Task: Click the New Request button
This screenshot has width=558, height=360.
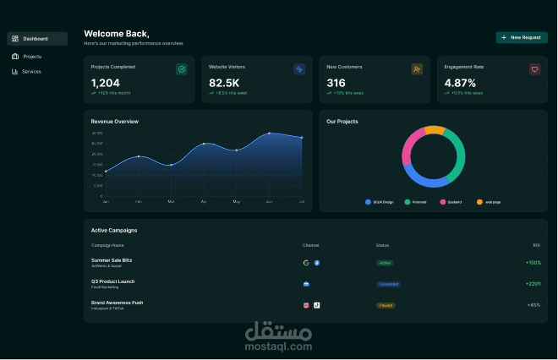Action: tap(521, 38)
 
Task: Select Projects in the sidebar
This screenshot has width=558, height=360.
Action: tap(32, 57)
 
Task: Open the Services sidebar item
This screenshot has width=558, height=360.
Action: tap(31, 72)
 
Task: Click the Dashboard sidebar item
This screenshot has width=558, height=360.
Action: tap(36, 39)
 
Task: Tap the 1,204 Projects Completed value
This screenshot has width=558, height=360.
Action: tap(105, 83)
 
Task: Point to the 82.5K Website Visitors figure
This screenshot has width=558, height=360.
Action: tap(224, 83)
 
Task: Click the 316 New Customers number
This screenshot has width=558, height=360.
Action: tap(336, 83)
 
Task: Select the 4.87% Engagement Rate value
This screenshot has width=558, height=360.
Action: tap(460, 83)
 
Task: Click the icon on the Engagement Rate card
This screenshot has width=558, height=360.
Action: tap(534, 69)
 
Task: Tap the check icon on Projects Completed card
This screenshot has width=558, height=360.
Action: tap(181, 69)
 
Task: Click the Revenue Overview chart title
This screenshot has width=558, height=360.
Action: tap(114, 122)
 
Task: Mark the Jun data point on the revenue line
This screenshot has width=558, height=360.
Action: tap(269, 134)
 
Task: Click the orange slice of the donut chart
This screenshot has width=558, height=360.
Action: tap(434, 131)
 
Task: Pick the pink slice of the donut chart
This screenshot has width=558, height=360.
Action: tap(408, 147)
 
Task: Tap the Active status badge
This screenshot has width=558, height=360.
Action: tap(385, 263)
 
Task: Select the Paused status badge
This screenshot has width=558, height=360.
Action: tap(386, 304)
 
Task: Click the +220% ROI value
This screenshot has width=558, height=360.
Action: tap(533, 284)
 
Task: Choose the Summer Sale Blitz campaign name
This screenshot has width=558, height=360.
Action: tap(112, 259)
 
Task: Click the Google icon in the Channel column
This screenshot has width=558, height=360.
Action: tap(306, 263)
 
